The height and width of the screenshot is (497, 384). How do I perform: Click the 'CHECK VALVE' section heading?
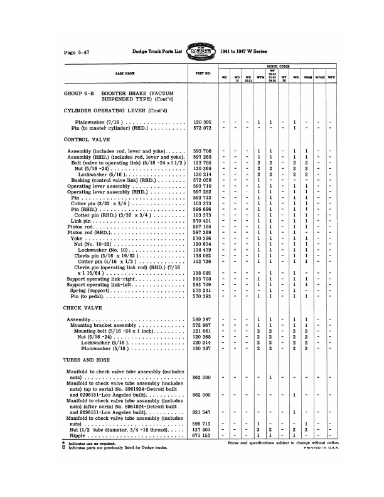(x=84, y=308)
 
